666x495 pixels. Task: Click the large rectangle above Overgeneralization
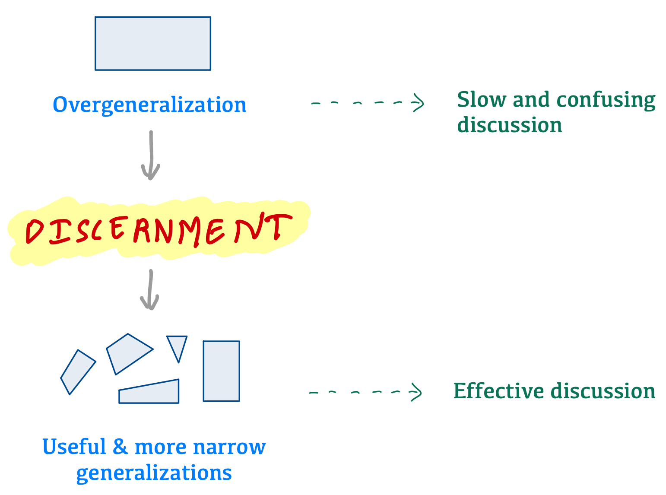[x=153, y=43]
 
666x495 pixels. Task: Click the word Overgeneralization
[x=149, y=105]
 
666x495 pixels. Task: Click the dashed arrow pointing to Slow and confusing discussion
[x=367, y=103]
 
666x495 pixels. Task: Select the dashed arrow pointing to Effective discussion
[x=365, y=392]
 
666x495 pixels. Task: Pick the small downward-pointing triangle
[x=177, y=346]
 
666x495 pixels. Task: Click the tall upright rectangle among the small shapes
[x=221, y=371]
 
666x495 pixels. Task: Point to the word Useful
[x=73, y=447]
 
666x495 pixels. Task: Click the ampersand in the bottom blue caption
[x=120, y=447]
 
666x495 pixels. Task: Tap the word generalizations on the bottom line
[x=154, y=473]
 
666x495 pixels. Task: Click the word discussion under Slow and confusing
[x=510, y=125]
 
